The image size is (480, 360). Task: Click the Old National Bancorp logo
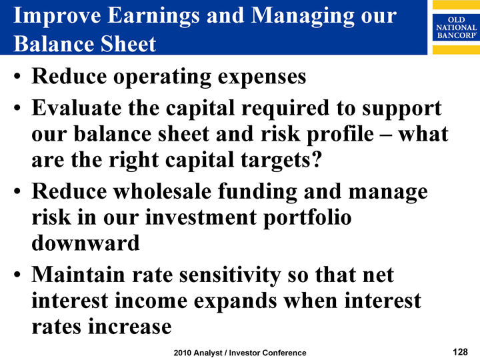coord(456,27)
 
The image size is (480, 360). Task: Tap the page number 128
coord(460,352)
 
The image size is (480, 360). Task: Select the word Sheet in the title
coord(128,44)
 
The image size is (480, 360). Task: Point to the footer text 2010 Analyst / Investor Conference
coord(240,353)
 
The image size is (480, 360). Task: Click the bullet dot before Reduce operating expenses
coord(17,76)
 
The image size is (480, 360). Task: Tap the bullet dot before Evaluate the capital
coord(17,108)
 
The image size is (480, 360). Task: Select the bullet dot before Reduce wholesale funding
coord(17,191)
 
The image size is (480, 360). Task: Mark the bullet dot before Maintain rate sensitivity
coord(17,274)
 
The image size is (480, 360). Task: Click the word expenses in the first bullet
coord(262,77)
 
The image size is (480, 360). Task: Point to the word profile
coord(340,135)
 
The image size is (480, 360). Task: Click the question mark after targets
coord(317,160)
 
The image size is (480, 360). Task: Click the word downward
coord(86,243)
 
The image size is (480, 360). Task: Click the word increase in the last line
coord(130,327)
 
